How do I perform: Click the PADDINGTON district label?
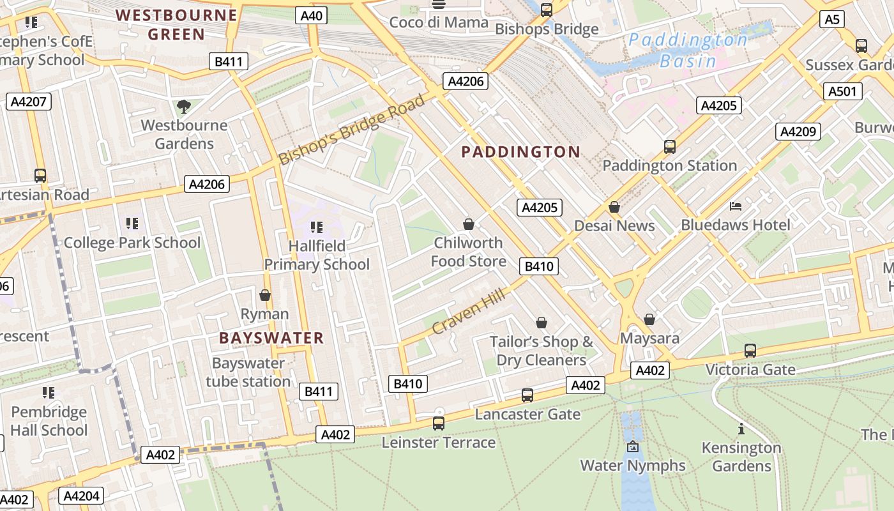pos(520,152)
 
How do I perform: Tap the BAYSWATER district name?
pos(271,338)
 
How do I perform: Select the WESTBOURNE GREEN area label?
pos(176,24)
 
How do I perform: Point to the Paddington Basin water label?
pos(688,50)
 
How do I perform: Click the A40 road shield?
pos(311,15)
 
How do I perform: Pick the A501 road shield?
pos(842,91)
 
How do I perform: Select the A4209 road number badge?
pos(798,132)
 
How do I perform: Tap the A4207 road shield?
pos(29,101)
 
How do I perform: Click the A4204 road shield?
pos(81,496)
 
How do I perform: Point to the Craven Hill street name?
pos(468,312)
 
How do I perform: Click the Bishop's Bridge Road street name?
pos(352,130)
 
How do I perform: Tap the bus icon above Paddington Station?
pos(669,146)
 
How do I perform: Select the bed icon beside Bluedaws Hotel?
pos(736,206)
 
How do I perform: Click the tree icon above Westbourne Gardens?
pos(184,106)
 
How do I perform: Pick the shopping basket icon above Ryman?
pos(265,295)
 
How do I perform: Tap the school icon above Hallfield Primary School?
pos(316,227)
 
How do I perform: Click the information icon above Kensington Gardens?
pos(741,429)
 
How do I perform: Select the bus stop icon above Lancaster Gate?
pos(527,395)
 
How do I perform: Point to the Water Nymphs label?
pos(632,466)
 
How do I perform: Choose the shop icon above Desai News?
pos(614,207)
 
